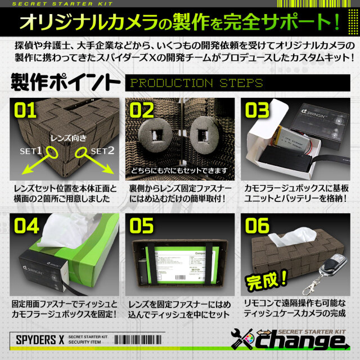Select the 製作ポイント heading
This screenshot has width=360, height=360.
tap(65, 83)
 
